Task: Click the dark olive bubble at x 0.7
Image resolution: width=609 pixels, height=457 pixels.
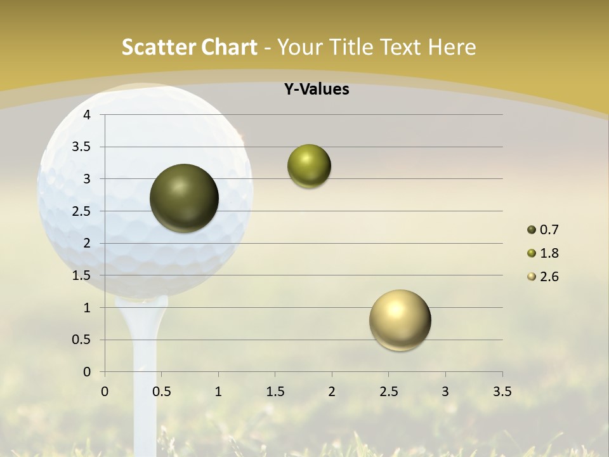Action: (x=185, y=198)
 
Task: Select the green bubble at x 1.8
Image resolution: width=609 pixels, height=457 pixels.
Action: (x=309, y=166)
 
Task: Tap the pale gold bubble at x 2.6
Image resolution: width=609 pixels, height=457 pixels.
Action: (x=400, y=320)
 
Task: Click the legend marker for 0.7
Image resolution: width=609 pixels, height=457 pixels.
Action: (x=531, y=230)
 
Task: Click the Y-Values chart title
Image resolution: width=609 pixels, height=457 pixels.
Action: (x=316, y=89)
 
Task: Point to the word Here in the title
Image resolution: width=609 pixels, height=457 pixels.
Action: (x=452, y=47)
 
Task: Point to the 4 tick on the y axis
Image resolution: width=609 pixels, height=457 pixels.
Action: (x=87, y=115)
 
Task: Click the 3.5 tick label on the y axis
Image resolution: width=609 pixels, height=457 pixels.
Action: (x=82, y=147)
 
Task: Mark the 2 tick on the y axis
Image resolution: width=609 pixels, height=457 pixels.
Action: (x=87, y=244)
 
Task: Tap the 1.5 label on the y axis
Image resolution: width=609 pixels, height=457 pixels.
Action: (x=82, y=275)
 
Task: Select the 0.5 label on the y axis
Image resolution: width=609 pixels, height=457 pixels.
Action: (x=82, y=340)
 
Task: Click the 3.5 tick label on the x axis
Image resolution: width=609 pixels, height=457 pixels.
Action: (x=502, y=392)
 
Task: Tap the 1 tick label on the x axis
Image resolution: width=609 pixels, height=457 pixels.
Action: (x=218, y=392)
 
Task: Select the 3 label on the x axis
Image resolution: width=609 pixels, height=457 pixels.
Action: (x=445, y=392)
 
